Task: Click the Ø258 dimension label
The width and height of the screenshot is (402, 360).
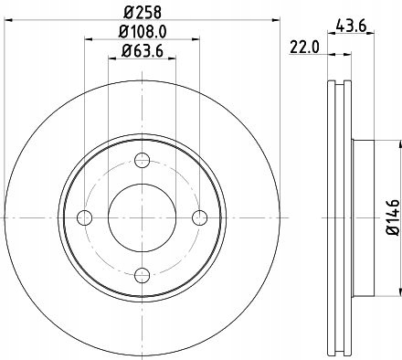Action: point(142,13)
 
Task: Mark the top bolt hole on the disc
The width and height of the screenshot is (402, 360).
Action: point(142,162)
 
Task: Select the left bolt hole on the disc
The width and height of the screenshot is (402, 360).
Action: point(85,217)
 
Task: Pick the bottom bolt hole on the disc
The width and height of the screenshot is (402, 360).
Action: point(142,273)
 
